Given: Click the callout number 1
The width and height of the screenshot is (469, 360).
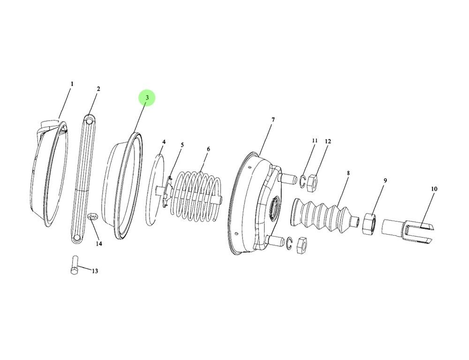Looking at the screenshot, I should (x=72, y=84).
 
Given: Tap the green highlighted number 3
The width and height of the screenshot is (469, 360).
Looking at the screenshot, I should (x=147, y=98).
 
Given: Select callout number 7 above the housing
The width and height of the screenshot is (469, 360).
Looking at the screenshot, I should (x=273, y=120).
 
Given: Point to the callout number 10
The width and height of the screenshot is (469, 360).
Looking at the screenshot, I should (x=434, y=189).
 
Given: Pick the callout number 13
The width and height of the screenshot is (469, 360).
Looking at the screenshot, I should (x=95, y=271).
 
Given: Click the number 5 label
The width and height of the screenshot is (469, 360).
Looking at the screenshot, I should (x=182, y=145).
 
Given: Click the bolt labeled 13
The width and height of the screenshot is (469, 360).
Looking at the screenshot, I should (x=75, y=266).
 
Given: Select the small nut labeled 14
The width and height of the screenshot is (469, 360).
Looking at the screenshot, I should (x=92, y=204).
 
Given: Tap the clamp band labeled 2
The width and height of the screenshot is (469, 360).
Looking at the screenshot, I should (x=83, y=178).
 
